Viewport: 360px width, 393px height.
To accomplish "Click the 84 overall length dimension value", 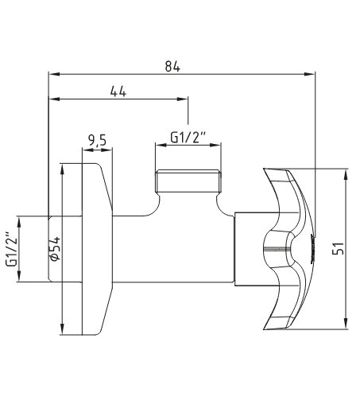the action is click(x=172, y=66).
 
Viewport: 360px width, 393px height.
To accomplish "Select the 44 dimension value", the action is click(x=118, y=91).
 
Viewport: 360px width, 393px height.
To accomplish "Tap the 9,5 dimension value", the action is click(x=97, y=140).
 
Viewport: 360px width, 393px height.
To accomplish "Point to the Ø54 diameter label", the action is click(x=55, y=249).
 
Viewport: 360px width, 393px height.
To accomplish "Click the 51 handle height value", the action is click(x=338, y=249).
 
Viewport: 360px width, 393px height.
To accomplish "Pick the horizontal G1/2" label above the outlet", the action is click(x=188, y=138).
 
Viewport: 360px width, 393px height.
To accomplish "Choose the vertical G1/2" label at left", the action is click(x=11, y=250).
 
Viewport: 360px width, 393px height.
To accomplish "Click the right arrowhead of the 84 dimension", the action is click(x=310, y=74).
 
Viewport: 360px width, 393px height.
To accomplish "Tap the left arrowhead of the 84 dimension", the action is click(x=54, y=74).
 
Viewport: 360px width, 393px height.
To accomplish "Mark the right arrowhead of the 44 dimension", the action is click(x=183, y=99).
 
